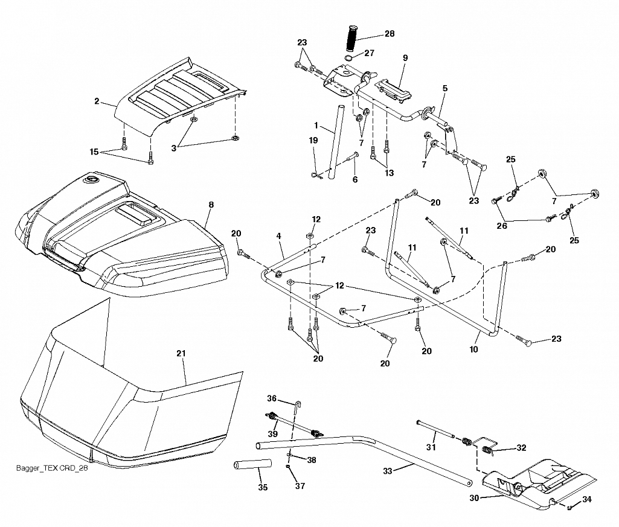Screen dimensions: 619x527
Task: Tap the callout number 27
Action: coord(369,53)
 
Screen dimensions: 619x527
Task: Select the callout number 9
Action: coord(405,57)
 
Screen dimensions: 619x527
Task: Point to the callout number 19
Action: coord(313,140)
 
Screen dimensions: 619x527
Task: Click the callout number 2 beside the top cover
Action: coord(97,101)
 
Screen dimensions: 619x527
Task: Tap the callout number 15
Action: coord(94,152)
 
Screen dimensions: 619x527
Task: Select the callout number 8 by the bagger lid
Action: coord(211,205)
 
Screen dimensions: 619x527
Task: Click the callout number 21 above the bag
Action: coord(181,353)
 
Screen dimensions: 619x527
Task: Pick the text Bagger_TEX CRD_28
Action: coord(52,468)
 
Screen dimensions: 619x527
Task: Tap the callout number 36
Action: coord(272,398)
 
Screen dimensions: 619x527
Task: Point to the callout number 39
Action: coord(272,434)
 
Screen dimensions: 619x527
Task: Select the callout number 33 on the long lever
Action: coord(388,471)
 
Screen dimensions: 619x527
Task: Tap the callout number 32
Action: coord(522,447)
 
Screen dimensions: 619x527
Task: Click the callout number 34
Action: coord(587,499)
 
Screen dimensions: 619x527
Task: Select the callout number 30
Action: coord(474,498)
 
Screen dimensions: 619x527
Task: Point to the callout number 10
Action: coord(473,349)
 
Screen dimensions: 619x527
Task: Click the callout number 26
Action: coord(502,226)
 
